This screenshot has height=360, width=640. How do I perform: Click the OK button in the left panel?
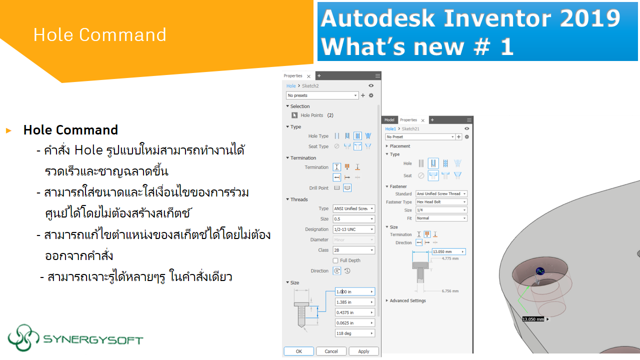(298, 351)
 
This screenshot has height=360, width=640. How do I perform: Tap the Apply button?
(363, 351)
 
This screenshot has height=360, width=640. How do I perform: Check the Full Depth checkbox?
(335, 260)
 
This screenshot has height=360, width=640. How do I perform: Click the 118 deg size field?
(354, 333)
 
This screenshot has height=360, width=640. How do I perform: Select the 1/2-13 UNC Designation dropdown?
(353, 229)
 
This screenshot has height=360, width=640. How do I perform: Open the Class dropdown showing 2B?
(353, 250)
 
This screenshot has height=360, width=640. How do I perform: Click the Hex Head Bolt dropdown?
(441, 202)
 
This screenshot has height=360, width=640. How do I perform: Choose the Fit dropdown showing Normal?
(441, 218)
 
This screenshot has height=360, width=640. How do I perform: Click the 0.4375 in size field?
(354, 312)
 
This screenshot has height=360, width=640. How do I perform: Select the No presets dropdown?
(322, 95)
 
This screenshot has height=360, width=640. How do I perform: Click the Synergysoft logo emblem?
(23, 338)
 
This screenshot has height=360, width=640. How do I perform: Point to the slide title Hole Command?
(99, 34)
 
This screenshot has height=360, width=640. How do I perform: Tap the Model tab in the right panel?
(389, 120)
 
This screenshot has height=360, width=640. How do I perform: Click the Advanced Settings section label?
(407, 300)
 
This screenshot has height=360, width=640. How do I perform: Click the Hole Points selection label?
(311, 115)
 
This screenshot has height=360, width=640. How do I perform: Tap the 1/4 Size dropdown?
(441, 210)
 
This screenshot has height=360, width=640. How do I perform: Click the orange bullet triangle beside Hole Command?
(8, 130)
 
